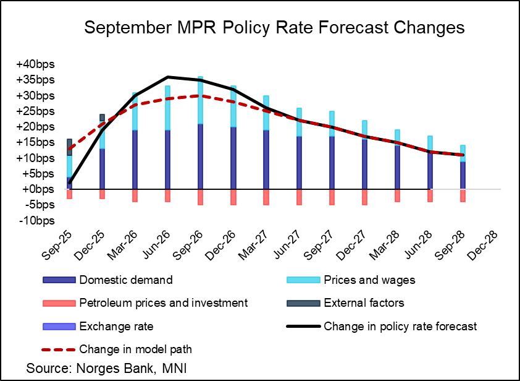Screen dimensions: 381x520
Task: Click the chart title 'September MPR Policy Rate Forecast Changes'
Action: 274,28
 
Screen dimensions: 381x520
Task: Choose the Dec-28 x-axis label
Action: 482,237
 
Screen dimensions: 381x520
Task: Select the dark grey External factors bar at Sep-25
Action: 70,147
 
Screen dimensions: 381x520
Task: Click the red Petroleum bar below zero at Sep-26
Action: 200,197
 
